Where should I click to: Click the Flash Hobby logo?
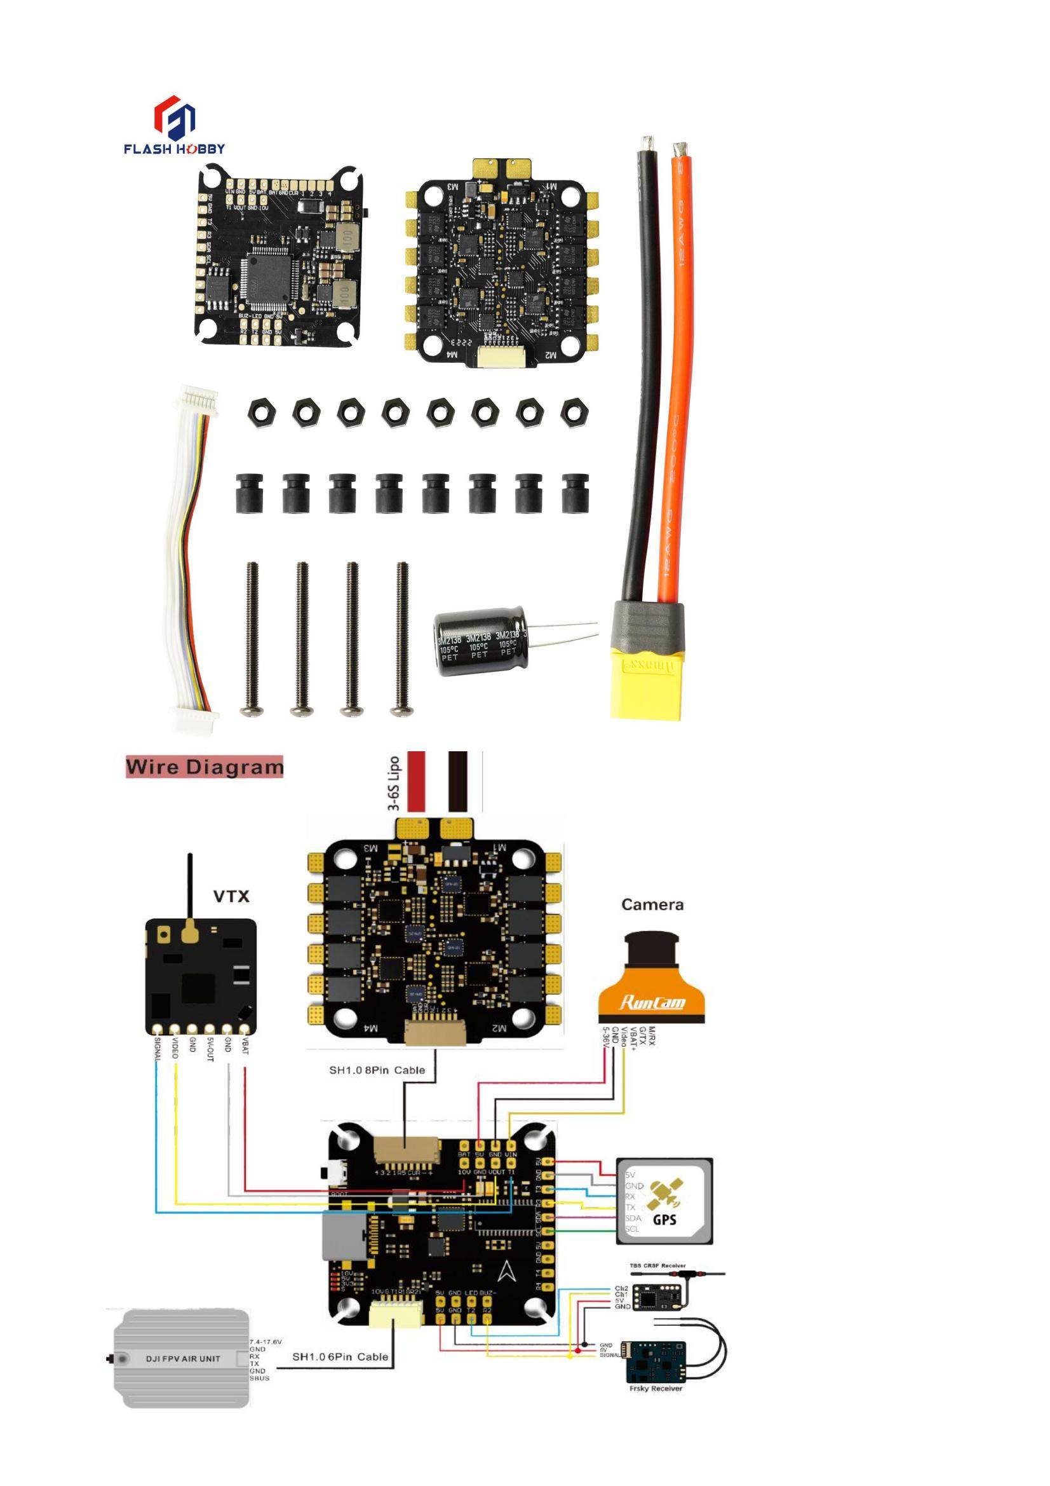coord(175,126)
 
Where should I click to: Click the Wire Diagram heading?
coord(205,768)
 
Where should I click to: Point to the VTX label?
coord(231,896)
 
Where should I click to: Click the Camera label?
coord(652,904)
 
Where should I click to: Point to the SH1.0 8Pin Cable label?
coord(377,1070)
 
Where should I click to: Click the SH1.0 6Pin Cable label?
coord(340,1356)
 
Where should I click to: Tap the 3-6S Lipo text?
coord(393,783)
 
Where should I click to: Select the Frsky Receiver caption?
coord(656,1388)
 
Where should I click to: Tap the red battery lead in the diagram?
coord(416,781)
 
